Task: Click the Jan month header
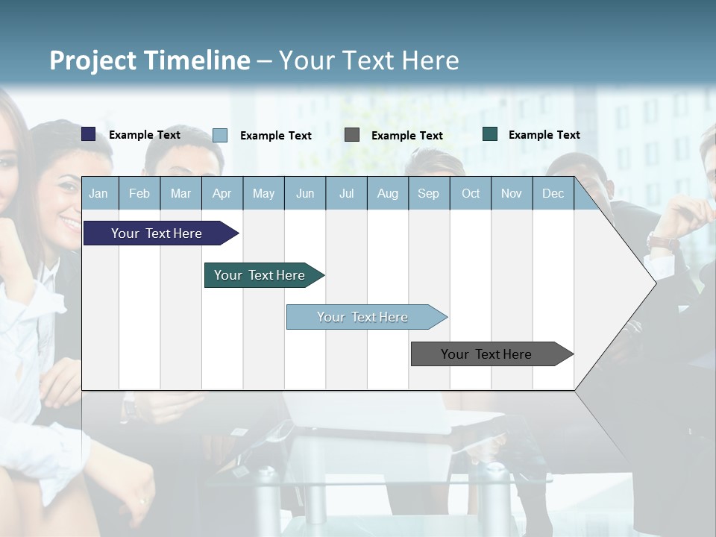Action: point(98,193)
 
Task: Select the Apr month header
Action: point(222,193)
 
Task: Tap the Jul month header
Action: point(346,193)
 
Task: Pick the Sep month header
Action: point(428,193)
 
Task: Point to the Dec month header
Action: point(553,193)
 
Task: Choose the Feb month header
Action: point(139,193)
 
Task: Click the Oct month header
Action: point(471,193)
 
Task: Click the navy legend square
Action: point(89,134)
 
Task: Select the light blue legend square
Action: point(220,135)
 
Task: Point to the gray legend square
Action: point(352,135)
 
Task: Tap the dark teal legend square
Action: point(490,134)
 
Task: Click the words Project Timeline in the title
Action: point(149,60)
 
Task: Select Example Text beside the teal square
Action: point(544,135)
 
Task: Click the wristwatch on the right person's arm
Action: point(662,242)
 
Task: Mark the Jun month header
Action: point(305,193)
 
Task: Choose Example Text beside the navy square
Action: point(145,135)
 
